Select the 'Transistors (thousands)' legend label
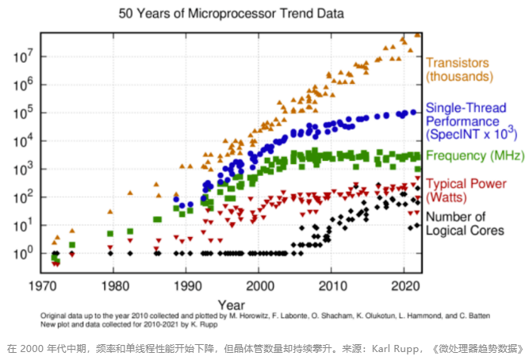coord(463,69)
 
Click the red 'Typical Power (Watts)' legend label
coord(466,189)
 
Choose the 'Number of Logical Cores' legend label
coord(466,224)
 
